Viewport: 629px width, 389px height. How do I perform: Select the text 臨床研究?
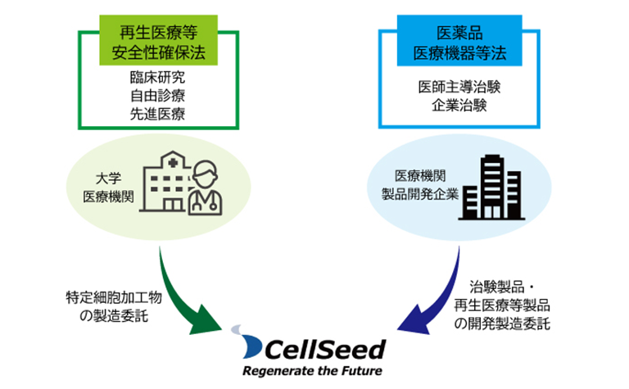[157, 79]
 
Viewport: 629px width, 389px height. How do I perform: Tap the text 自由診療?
[157, 97]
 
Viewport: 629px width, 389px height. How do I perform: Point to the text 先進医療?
[157, 114]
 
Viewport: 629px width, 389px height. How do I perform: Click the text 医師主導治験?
[459, 87]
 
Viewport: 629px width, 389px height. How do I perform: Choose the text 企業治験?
[459, 105]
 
